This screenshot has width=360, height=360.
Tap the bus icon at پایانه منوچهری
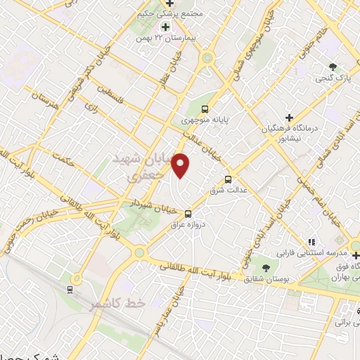click(x=205, y=109)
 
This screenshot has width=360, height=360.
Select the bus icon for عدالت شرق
click(x=227, y=179)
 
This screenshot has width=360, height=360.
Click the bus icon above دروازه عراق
click(x=187, y=214)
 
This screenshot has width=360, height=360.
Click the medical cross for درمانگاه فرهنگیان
click(x=288, y=117)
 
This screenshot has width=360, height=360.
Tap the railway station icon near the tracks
click(x=70, y=288)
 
